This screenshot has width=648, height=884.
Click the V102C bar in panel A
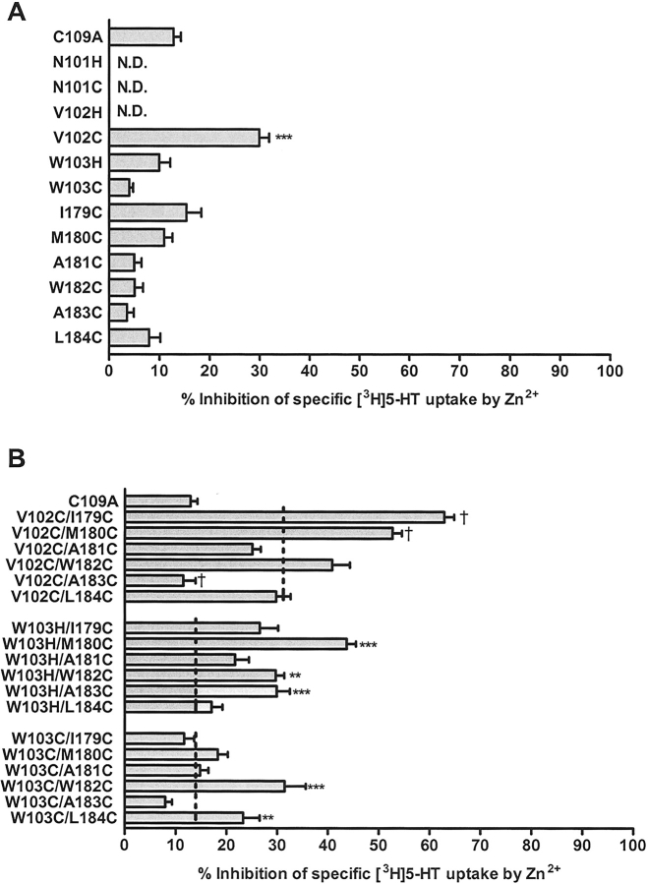coord(184,138)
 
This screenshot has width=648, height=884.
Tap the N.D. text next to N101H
coord(131,62)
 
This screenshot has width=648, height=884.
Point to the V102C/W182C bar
coord(229,563)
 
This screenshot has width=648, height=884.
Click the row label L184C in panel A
coord(77,336)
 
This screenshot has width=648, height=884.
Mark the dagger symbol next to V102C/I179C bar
coord(463,515)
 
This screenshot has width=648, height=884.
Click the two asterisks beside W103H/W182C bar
coord(295,676)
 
